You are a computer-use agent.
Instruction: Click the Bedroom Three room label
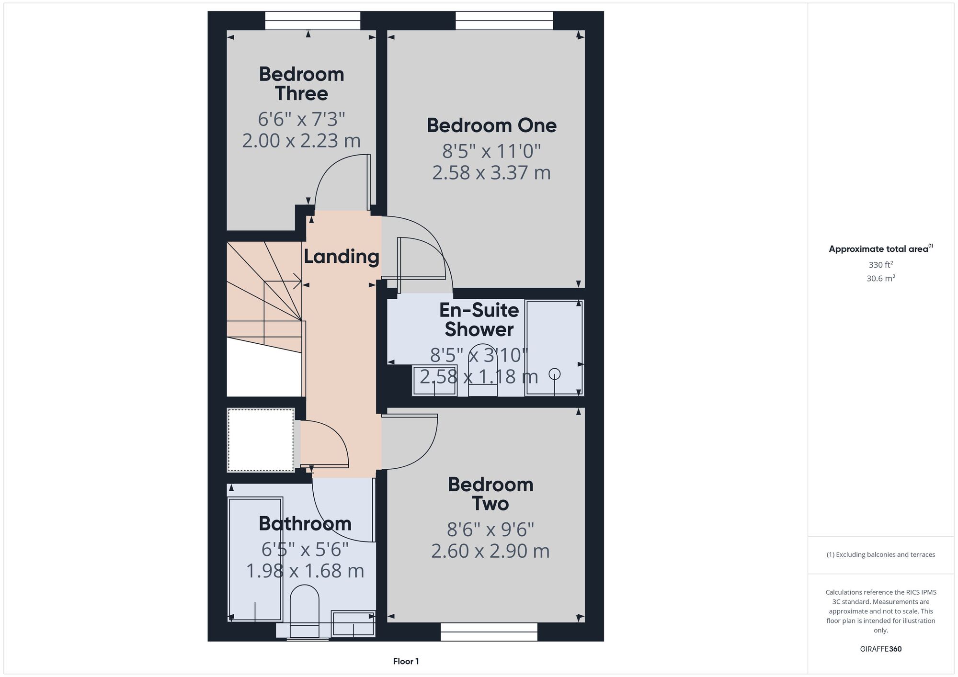(x=301, y=84)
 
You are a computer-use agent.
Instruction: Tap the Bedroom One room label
(x=491, y=125)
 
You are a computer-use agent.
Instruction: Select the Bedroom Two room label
(x=490, y=494)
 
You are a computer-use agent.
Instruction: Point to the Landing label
(x=342, y=257)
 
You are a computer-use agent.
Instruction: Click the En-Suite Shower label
(x=479, y=320)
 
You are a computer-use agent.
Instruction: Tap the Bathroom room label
(x=305, y=523)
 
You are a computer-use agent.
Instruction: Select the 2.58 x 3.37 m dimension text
(x=491, y=173)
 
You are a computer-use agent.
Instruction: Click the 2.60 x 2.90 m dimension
(x=490, y=551)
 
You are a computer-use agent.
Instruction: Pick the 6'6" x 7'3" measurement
(x=301, y=119)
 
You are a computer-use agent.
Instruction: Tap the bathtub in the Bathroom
(x=255, y=560)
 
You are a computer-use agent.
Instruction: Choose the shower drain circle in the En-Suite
(x=554, y=373)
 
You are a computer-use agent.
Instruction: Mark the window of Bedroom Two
(x=489, y=632)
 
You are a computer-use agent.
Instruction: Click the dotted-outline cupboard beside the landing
(x=261, y=440)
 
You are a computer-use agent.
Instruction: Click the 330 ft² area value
(x=881, y=264)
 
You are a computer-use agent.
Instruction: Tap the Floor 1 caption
(x=406, y=661)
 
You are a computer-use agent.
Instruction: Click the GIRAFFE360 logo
(x=881, y=649)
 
